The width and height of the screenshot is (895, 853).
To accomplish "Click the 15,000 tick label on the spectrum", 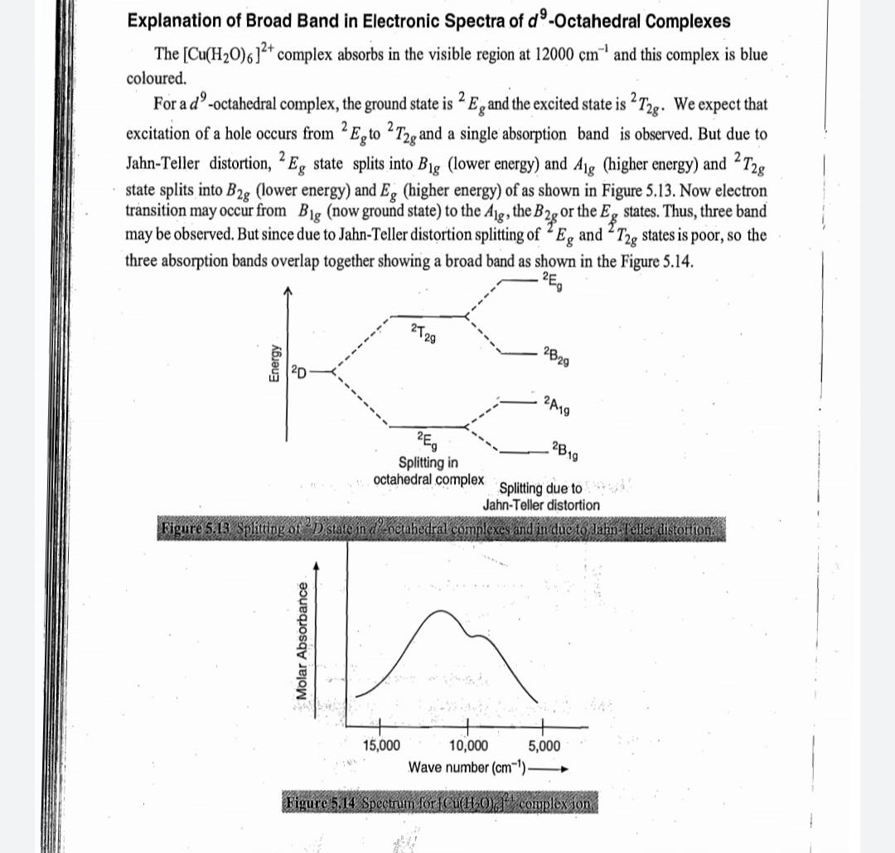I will pos(382,745).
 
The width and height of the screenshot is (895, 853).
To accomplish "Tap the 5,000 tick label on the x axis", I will pos(544,745).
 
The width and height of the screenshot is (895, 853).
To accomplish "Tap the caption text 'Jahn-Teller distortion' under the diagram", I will pos(541,504).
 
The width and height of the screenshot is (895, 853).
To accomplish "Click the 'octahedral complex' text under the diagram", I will pos(428,479).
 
